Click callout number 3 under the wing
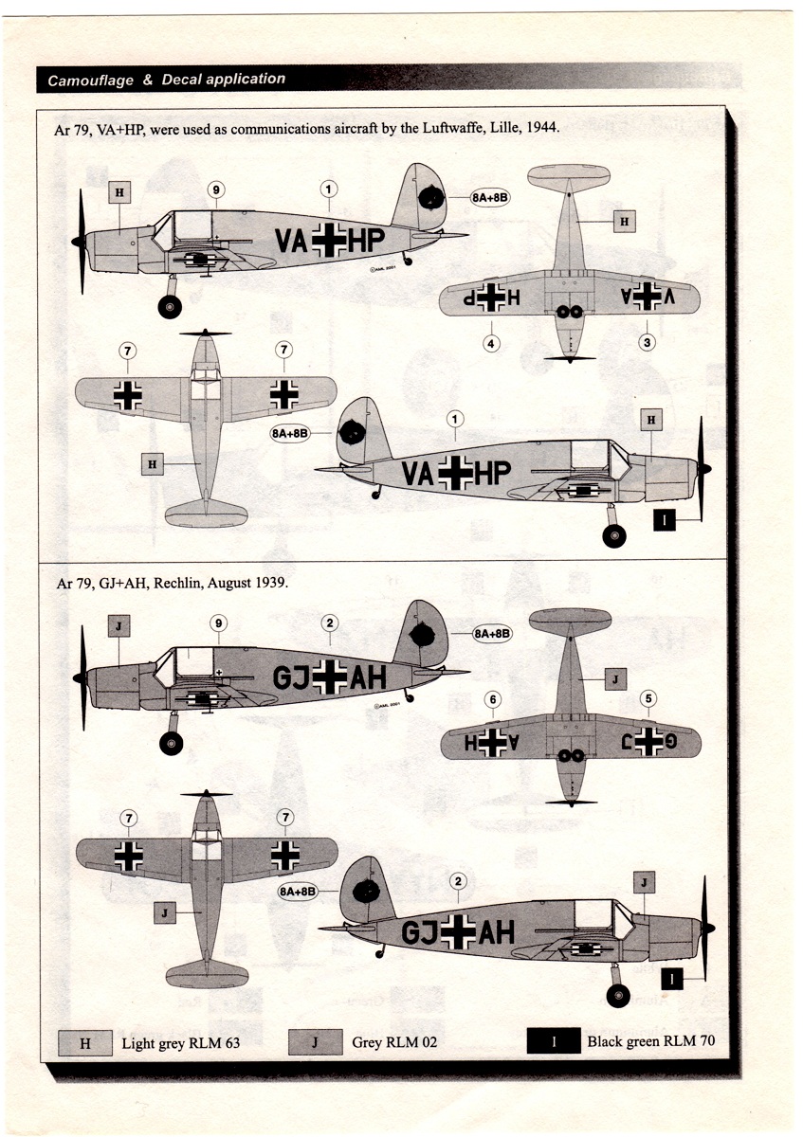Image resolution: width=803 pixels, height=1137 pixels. point(648,342)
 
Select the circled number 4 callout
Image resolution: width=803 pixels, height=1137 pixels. point(491,343)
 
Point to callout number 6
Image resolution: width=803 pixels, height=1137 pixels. point(492,700)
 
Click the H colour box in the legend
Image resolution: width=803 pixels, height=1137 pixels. point(85,1043)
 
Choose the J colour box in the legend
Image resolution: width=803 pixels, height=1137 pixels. point(314,1043)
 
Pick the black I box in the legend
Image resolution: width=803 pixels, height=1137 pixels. point(554,1042)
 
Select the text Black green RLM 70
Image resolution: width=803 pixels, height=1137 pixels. point(650,1042)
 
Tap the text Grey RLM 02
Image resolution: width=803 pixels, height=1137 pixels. point(394,1044)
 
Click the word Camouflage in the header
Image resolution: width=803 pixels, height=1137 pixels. point(90,81)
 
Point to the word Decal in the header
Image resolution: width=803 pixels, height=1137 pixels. point(181,80)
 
